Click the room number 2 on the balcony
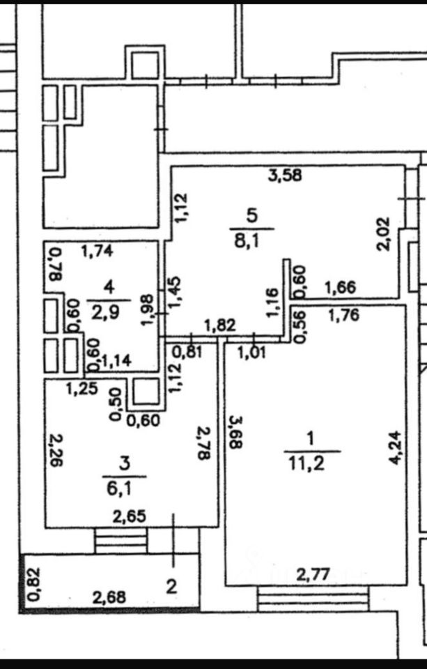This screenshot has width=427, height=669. (171, 585)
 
